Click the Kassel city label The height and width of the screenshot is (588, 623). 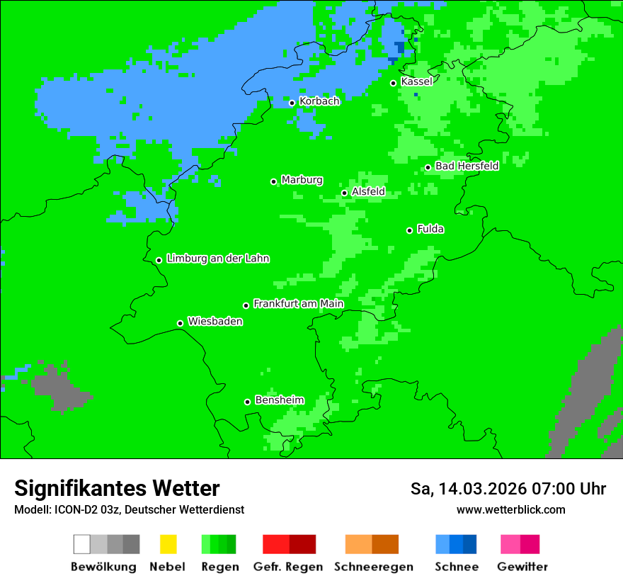coord(416,81)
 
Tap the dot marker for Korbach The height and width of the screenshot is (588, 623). coord(292,103)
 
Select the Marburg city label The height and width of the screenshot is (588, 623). coord(302,180)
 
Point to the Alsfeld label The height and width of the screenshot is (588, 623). coord(368,191)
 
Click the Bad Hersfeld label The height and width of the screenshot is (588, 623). coord(467,166)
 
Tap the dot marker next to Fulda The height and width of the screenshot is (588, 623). coord(409,230)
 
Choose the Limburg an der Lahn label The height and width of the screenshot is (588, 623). coord(217,259)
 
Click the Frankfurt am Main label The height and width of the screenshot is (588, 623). coord(298,304)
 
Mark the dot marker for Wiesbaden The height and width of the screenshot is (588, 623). coord(180,323)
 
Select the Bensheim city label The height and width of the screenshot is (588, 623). coord(279,400)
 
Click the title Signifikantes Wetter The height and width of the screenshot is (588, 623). coord(117,488)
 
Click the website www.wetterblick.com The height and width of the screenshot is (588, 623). coord(510,509)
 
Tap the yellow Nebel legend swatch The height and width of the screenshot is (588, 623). coord(168,544)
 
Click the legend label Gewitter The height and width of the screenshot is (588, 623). coord(522,567)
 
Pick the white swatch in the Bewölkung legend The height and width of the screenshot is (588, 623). coord(81,544)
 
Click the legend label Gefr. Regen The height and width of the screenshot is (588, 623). coord(288,567)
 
